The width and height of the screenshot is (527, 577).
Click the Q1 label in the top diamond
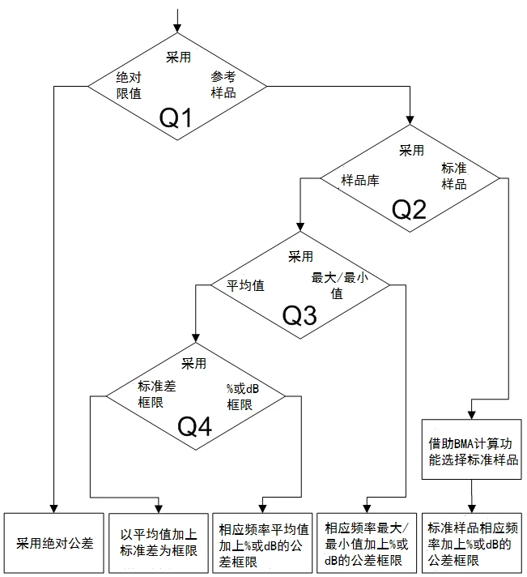coord(176,118)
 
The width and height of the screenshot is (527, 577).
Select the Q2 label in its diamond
coord(409,209)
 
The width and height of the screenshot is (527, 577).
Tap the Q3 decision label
coord(300,316)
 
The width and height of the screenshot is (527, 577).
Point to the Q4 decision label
coord(195,426)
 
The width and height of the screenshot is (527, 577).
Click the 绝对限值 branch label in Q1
coord(129,85)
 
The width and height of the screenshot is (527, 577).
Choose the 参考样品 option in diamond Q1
coord(223,84)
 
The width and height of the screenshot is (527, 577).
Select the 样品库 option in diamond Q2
coord(360,180)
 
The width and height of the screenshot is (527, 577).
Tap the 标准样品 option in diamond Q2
coord(454,176)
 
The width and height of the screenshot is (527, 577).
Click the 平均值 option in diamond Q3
coord(245,285)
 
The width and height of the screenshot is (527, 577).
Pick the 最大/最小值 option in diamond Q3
coord(339,285)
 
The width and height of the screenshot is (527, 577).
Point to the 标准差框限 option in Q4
coord(157,394)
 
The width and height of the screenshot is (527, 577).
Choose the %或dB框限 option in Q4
coord(243,397)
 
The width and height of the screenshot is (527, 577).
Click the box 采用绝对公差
coord(54,543)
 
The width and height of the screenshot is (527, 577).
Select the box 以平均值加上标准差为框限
coord(159,543)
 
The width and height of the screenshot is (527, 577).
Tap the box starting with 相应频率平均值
coord(263,543)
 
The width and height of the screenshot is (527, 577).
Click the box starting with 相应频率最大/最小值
coord(367,543)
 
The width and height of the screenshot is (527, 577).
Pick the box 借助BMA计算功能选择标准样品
coord(471,449)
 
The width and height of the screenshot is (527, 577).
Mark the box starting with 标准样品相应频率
coord(471,543)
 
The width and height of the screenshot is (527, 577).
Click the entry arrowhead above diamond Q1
coord(177,28)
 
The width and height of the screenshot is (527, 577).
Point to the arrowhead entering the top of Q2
coord(410,120)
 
